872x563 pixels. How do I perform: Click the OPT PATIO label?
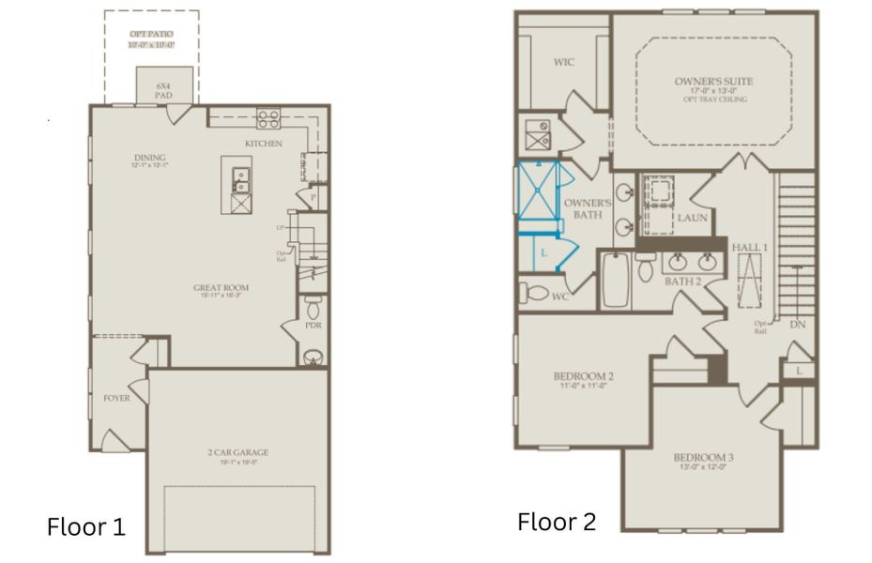pyautogui.click(x=151, y=35)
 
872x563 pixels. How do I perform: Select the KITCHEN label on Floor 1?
pyautogui.click(x=264, y=144)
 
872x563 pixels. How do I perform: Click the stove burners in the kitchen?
pyautogui.click(x=269, y=118)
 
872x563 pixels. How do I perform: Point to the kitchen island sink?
pyautogui.click(x=241, y=175)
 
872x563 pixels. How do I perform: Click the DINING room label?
pyautogui.click(x=149, y=158)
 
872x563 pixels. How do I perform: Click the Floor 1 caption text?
pyautogui.click(x=85, y=526)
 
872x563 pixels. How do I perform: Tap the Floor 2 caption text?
pyautogui.click(x=556, y=522)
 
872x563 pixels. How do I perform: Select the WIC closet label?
pyautogui.click(x=563, y=63)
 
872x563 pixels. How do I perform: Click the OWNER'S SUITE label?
pyautogui.click(x=713, y=81)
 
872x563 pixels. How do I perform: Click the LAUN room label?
pyautogui.click(x=693, y=218)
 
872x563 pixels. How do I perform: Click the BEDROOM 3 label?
pyautogui.click(x=703, y=459)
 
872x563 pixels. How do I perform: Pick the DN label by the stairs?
pyautogui.click(x=798, y=325)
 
